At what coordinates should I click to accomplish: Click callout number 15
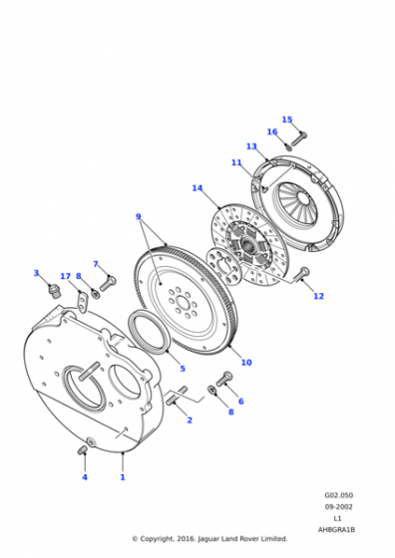click(287, 120)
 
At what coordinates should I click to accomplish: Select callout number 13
click(251, 146)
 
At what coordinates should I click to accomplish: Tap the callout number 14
click(197, 188)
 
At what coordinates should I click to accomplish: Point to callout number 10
click(246, 363)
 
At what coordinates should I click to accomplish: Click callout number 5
click(183, 369)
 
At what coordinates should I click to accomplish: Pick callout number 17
click(65, 276)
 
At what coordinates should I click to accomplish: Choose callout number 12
click(319, 296)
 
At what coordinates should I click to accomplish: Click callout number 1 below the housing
click(123, 477)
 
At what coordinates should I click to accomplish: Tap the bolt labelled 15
click(299, 139)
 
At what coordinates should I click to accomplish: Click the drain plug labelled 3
click(53, 292)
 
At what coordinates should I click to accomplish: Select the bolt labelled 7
click(108, 284)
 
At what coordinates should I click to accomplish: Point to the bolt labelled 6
click(224, 379)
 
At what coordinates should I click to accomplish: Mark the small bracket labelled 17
click(83, 302)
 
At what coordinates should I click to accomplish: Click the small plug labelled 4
click(82, 450)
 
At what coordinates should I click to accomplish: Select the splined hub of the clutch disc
click(248, 245)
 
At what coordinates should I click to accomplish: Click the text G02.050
click(339, 495)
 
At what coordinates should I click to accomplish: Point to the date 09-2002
click(339, 507)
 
